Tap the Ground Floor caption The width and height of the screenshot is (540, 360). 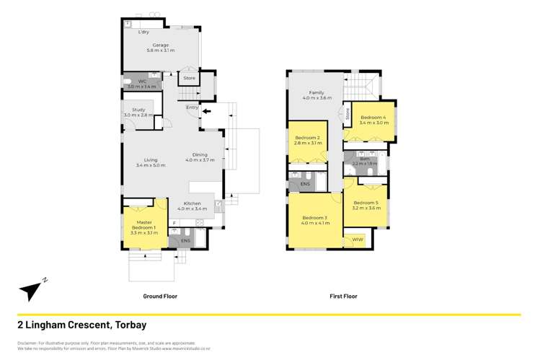(x=159, y=297)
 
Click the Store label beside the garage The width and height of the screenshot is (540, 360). (x=189, y=78)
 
